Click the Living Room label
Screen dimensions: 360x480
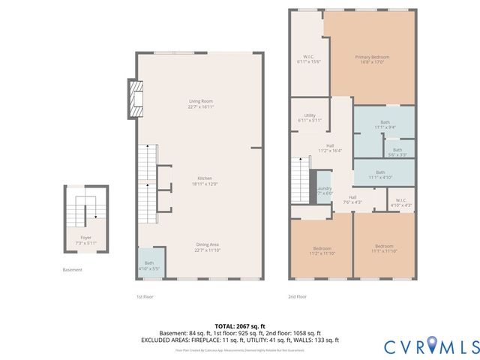pos(201,103)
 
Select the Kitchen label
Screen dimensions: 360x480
pos(201,181)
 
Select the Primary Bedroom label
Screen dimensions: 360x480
pos(372,60)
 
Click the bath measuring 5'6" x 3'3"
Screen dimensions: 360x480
pos(397,151)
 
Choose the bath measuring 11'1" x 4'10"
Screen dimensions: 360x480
pos(384,174)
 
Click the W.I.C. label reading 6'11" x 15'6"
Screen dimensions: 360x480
pos(308,60)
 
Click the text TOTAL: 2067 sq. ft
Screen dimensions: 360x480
pos(240,326)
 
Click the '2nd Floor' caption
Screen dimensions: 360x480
pos(298,296)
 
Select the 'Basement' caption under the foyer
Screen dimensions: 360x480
pos(73,270)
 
